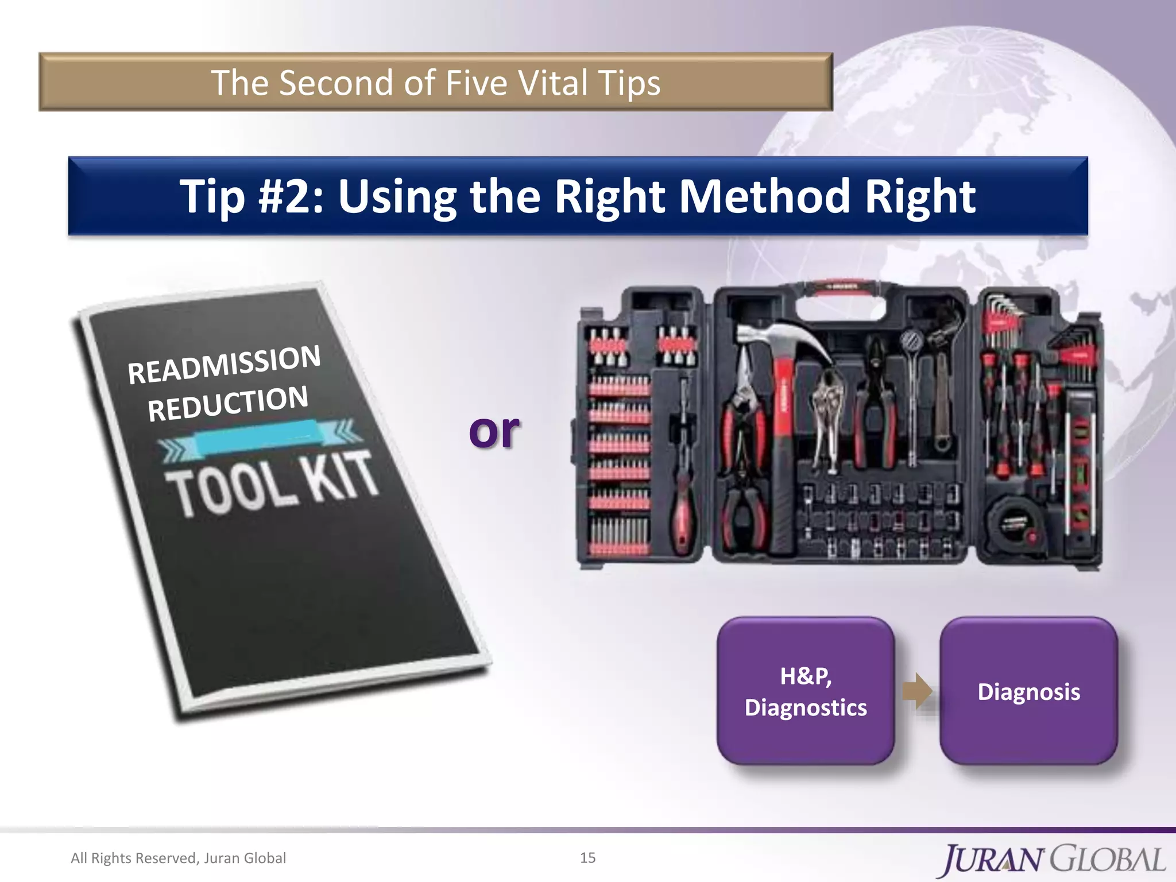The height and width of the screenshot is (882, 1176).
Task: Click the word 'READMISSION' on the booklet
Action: [224, 364]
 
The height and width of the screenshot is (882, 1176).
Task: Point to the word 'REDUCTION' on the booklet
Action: [228, 404]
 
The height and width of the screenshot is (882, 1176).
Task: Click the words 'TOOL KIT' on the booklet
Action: [273, 482]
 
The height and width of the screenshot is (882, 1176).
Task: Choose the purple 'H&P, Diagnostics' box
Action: [806, 691]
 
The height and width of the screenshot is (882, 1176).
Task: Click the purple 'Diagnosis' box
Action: [1028, 691]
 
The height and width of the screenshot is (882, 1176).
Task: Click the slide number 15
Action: [587, 858]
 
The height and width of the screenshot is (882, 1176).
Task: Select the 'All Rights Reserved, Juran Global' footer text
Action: [178, 858]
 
